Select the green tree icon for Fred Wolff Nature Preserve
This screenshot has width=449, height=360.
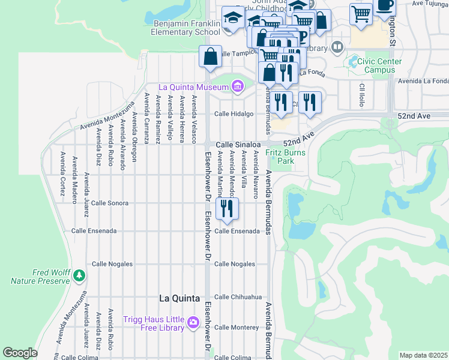pyautogui.click(x=79, y=275)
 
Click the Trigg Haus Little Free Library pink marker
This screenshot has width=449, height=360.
pyautogui.click(x=193, y=322)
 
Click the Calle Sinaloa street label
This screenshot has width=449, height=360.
pyautogui.click(x=238, y=145)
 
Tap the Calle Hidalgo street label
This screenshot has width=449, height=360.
pyautogui.click(x=234, y=113)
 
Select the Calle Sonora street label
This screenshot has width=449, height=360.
pyautogui.click(x=110, y=203)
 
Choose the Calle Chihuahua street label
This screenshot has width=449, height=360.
pyautogui.click(x=238, y=297)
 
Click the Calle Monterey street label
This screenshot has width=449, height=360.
pyautogui.click(x=237, y=328)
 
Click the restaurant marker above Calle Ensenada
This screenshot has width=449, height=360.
pyautogui.click(x=227, y=208)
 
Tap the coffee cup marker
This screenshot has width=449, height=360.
pyautogui.click(x=384, y=5)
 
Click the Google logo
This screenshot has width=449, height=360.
pyautogui.click(x=20, y=353)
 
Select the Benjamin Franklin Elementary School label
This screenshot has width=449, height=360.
pyautogui.click(x=179, y=28)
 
